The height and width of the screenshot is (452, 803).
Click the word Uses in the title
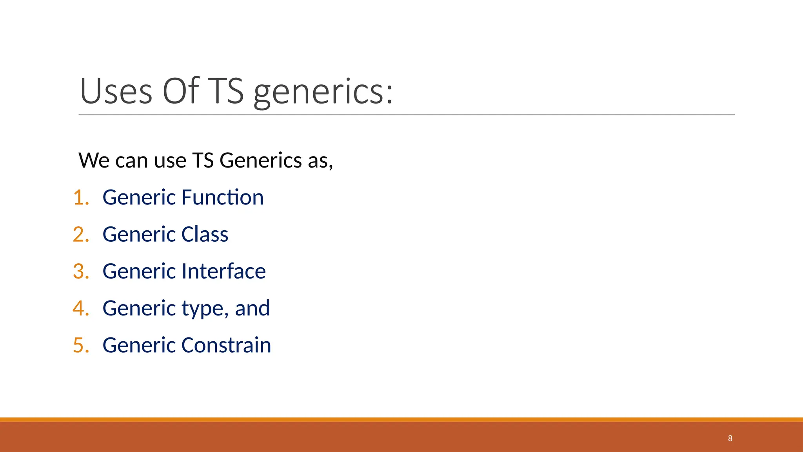point(116,91)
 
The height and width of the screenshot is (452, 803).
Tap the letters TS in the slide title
point(225,91)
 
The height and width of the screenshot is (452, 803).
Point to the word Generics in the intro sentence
point(260,160)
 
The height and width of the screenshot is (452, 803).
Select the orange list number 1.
point(81,197)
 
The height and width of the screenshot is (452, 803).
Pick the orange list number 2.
point(81,234)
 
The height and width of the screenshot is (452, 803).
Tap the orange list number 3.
point(81,271)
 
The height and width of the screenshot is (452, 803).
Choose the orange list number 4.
point(81,308)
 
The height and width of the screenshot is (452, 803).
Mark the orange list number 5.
point(81,345)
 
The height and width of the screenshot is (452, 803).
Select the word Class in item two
point(205,234)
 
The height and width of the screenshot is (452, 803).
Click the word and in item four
point(252,308)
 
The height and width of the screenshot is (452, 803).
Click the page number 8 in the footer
point(730,438)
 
